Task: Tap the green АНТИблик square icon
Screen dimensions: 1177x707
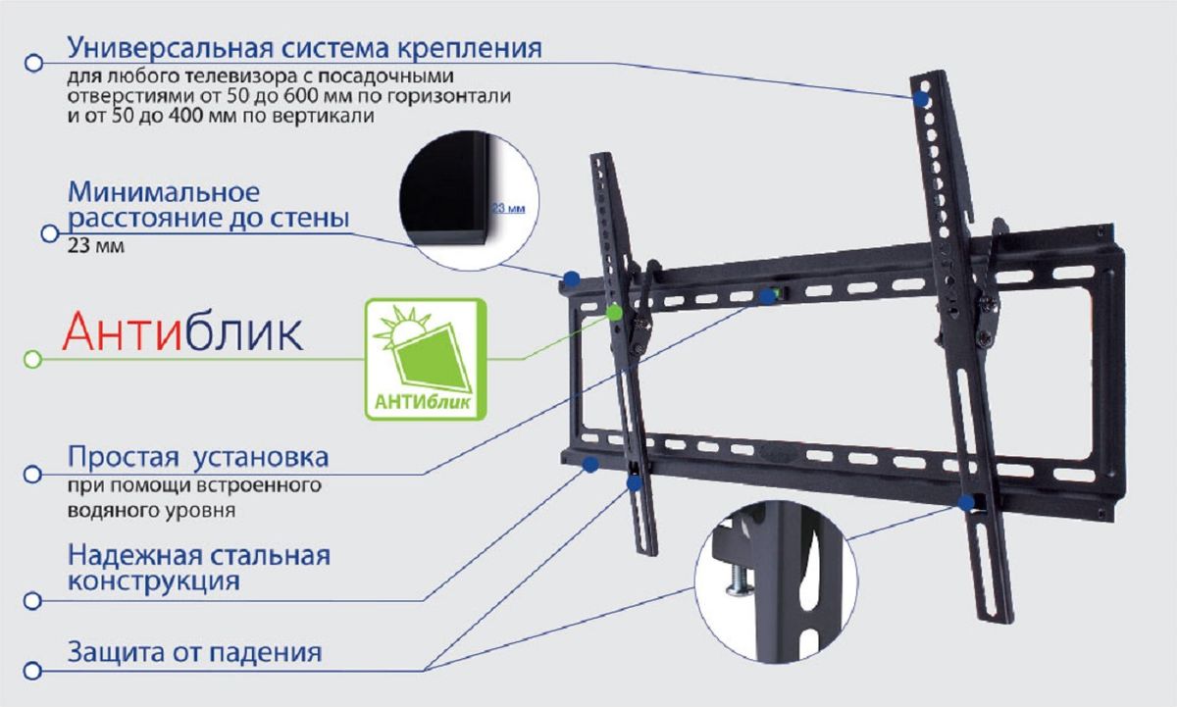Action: (426, 359)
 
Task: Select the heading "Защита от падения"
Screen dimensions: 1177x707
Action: (194, 652)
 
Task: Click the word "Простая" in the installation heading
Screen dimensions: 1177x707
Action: (124, 458)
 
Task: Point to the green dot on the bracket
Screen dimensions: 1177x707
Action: (614, 313)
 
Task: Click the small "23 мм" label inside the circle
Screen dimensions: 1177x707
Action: (508, 209)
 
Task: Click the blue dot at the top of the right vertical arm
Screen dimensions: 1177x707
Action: (921, 99)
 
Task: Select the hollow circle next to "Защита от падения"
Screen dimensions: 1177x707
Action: (32, 671)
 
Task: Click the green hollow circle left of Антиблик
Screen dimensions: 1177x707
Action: (32, 359)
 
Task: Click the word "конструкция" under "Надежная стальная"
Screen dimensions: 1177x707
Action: (154, 581)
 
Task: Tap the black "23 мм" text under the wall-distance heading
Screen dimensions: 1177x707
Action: (96, 246)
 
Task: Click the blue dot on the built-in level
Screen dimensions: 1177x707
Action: (768, 297)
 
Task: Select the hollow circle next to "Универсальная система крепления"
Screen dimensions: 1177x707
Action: (33, 63)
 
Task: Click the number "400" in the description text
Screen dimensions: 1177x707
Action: (185, 116)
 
